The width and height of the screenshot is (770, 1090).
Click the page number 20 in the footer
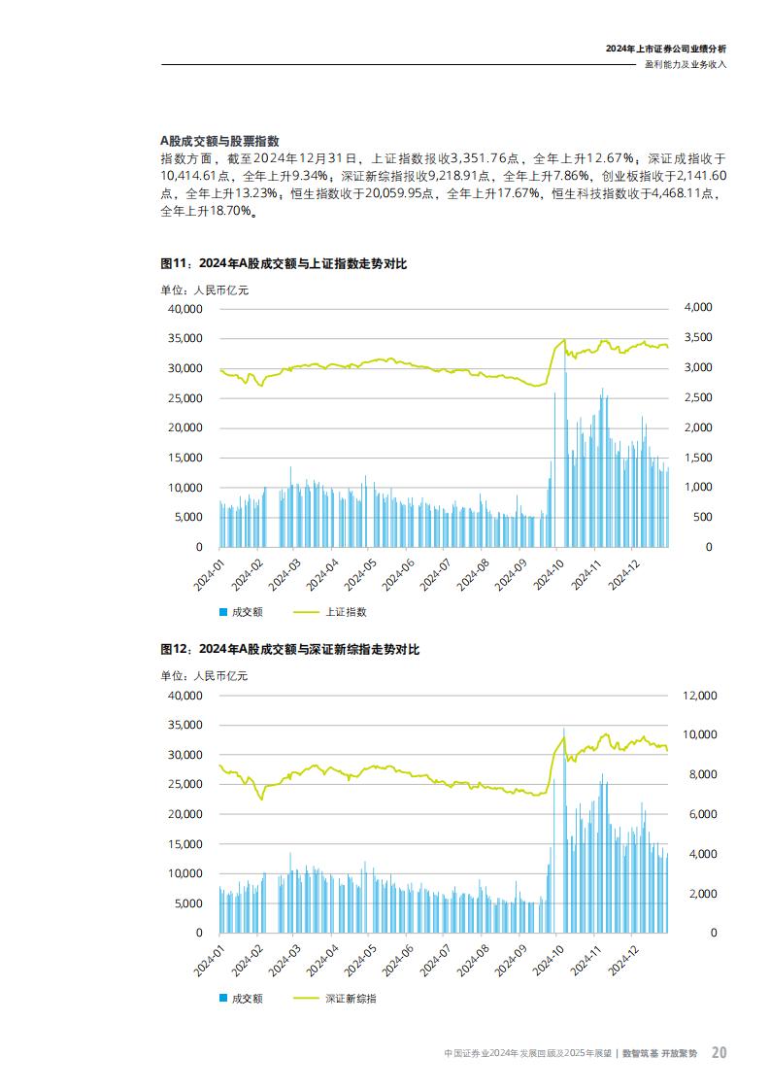point(720,1052)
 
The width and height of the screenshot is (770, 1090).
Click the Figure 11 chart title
point(284,263)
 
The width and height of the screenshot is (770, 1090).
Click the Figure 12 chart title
point(289,649)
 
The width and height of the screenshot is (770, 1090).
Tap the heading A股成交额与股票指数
point(219,141)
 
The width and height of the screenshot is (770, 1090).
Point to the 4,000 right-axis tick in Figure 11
point(698,307)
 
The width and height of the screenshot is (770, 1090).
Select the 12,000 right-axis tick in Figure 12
point(700,696)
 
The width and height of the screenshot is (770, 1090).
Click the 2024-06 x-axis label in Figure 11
point(399,574)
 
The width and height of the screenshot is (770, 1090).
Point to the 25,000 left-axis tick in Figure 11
point(184,398)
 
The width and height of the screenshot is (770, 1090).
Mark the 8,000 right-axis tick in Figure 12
point(703,774)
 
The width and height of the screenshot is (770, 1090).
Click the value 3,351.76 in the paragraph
point(485,158)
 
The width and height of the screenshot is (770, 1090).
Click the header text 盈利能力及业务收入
point(686,65)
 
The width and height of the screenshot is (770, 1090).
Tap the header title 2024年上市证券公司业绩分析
point(666,49)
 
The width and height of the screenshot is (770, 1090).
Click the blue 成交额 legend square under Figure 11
point(223,612)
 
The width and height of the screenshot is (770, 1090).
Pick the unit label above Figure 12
point(204,676)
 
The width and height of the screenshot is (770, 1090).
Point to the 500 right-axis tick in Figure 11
point(703,517)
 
